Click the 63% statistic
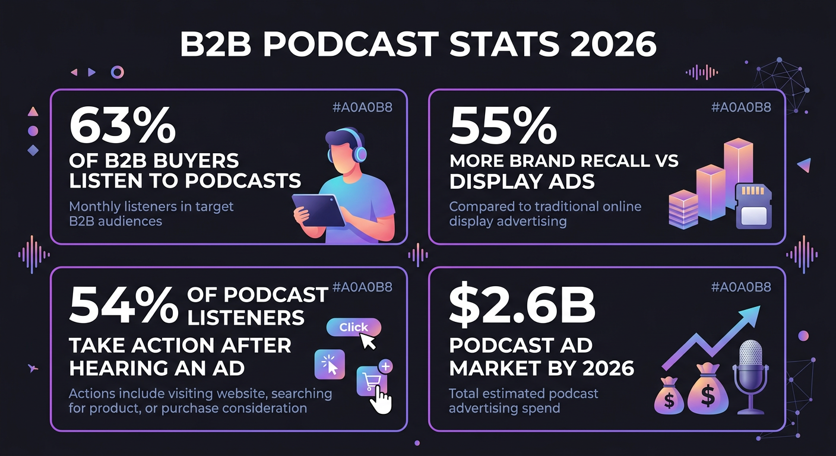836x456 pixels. tap(122, 127)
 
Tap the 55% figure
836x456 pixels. tap(503, 127)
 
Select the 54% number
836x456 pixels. tap(123, 306)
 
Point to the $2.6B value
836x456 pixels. tap(522, 306)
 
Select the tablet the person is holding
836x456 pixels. tap(319, 210)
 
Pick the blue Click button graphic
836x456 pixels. tap(354, 327)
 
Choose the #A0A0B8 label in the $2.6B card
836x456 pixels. tap(741, 287)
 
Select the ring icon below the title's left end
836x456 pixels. tap(118, 72)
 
